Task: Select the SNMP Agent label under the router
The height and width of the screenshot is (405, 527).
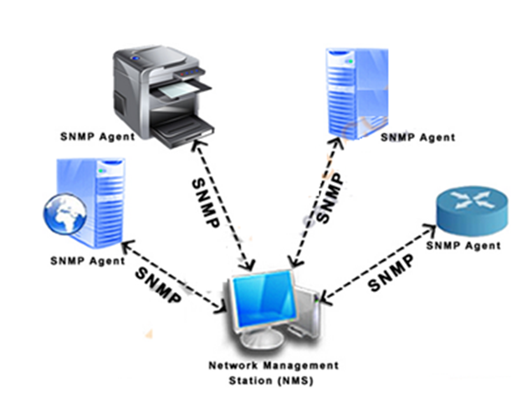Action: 463,246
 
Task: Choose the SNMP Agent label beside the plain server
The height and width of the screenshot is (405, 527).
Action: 417,136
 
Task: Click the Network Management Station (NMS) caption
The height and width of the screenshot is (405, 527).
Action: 263,372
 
